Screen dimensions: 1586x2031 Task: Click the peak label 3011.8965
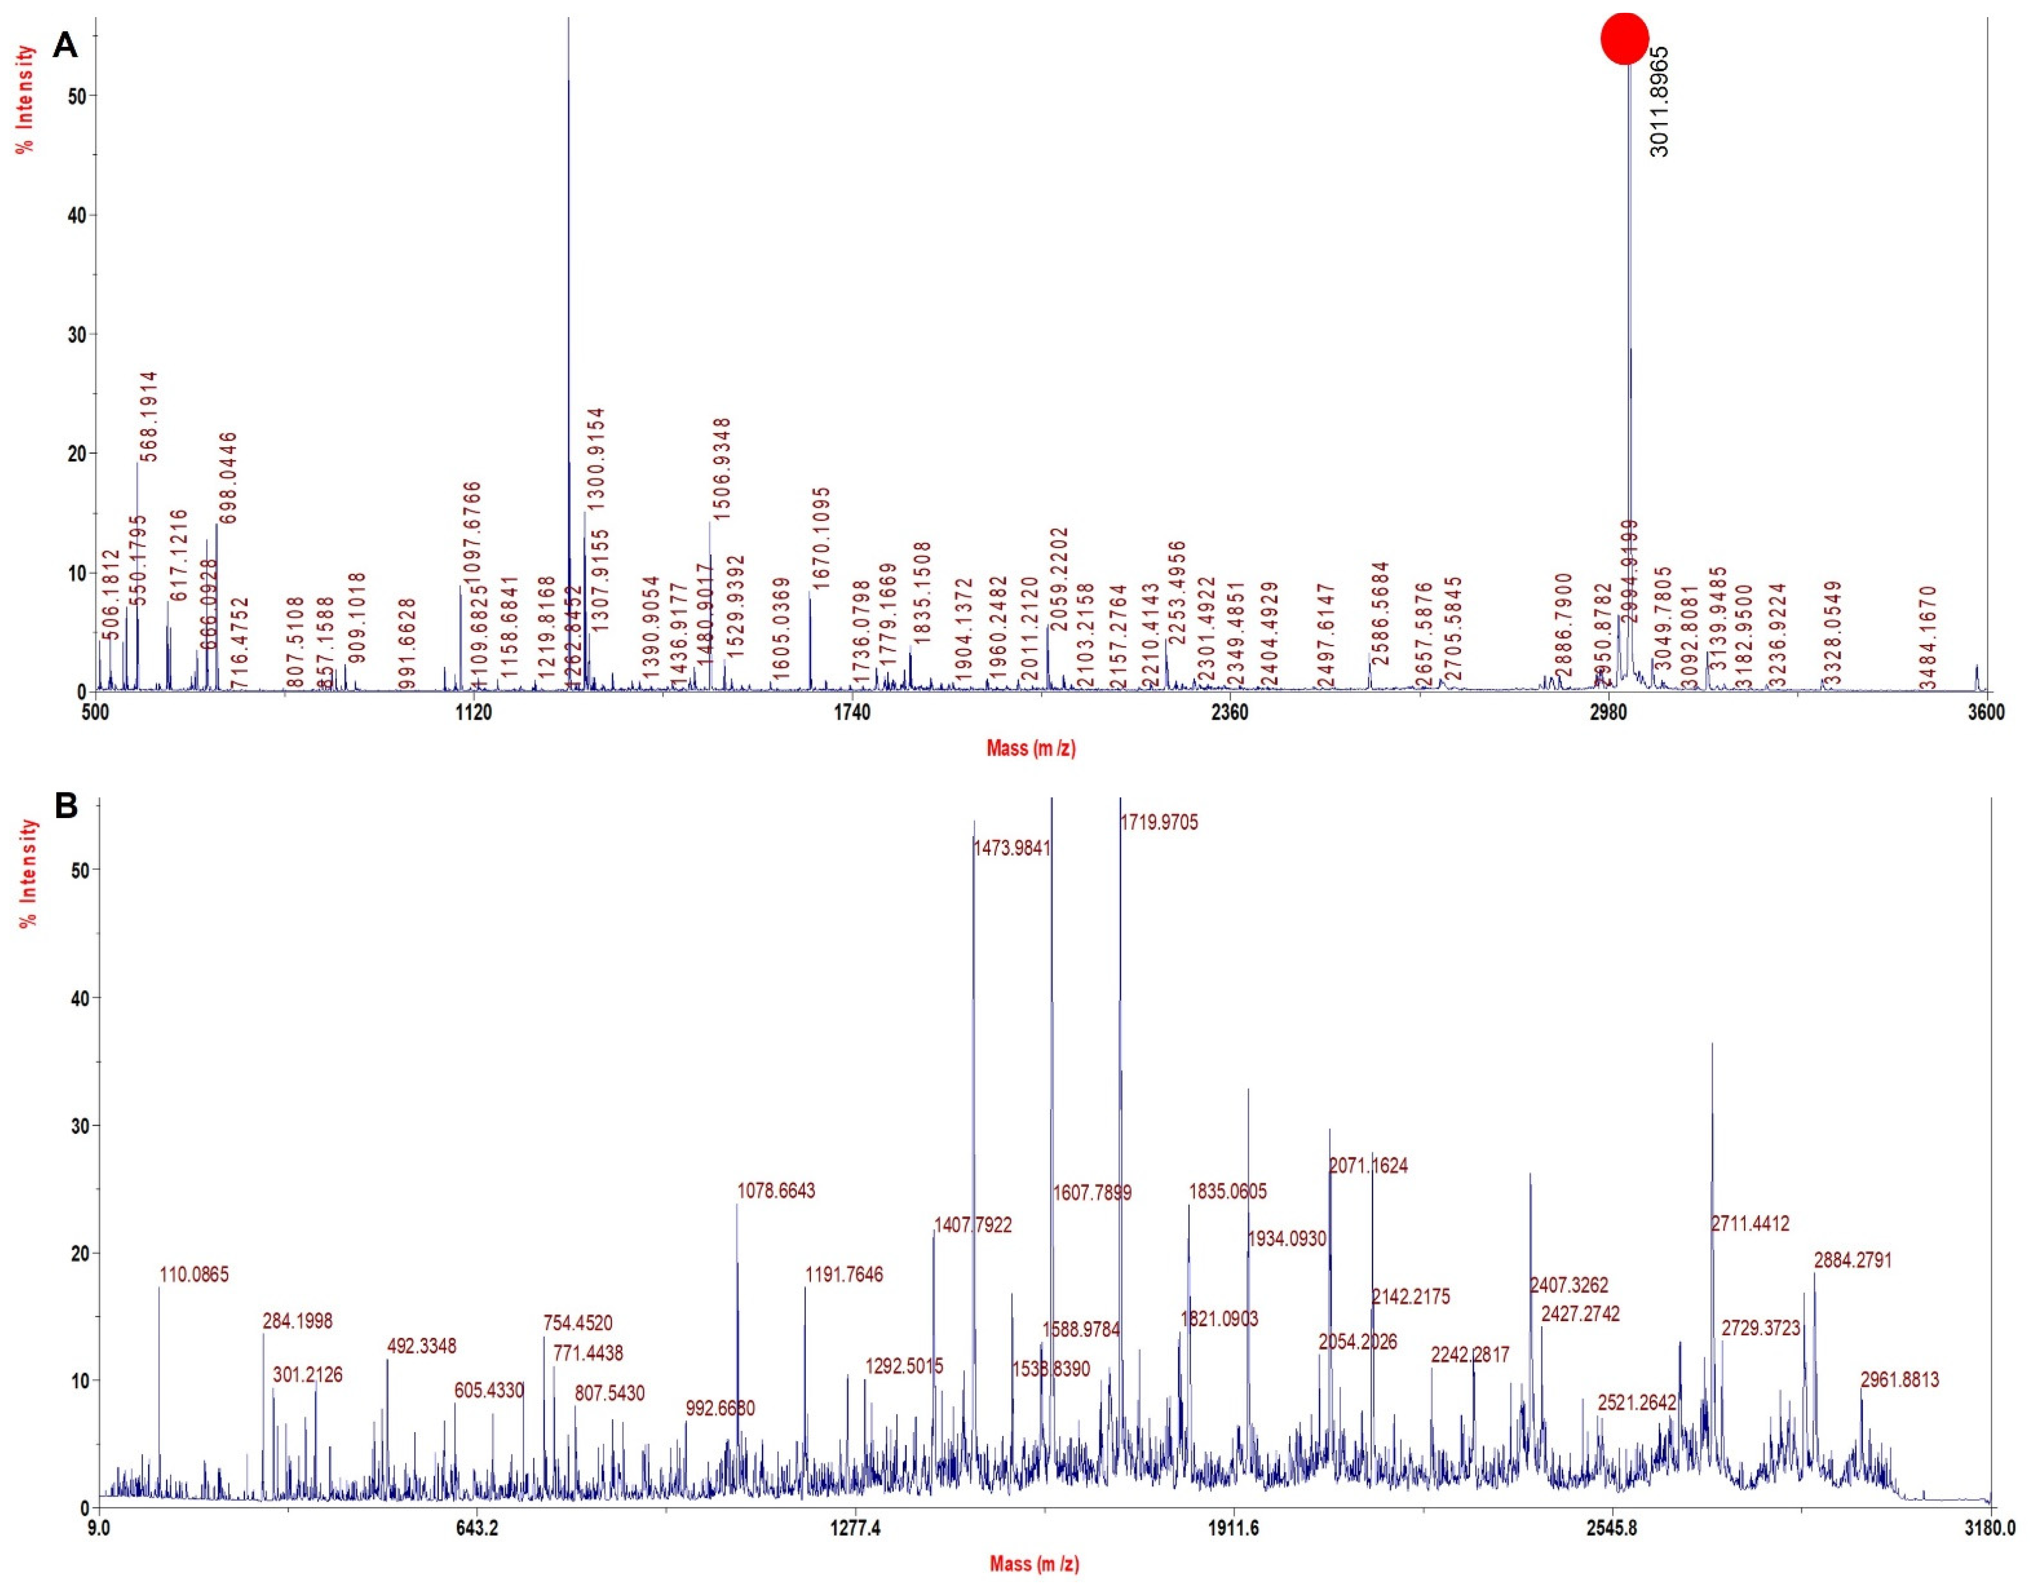(1659, 102)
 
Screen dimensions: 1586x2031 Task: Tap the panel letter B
(66, 805)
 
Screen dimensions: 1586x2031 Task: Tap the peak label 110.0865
(195, 1275)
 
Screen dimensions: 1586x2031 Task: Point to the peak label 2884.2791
(1853, 1261)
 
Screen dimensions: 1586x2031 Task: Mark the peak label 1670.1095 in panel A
(821, 537)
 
